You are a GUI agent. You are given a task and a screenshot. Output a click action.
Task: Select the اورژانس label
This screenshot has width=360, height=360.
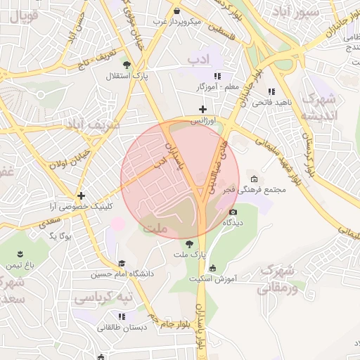[x=203, y=121]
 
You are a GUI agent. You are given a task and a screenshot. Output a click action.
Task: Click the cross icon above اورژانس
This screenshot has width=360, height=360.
[x=203, y=109]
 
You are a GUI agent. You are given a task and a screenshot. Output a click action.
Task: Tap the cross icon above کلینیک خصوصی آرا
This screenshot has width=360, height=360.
[x=82, y=195]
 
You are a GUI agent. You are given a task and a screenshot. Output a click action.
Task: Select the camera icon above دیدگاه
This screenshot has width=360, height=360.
[x=233, y=211]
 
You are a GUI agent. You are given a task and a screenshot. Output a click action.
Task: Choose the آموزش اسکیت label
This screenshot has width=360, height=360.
[x=214, y=278]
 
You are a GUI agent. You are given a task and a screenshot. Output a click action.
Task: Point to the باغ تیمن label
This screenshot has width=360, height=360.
[x=20, y=265]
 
